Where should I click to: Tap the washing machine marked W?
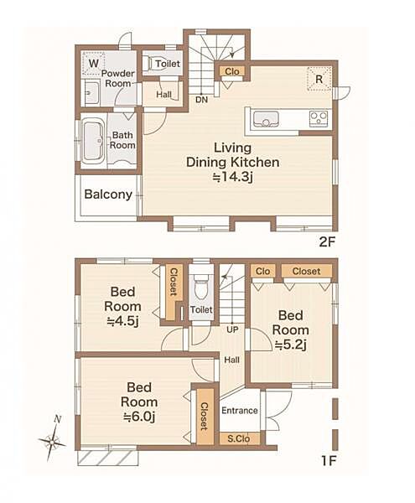93,63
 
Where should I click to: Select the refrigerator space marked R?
319,79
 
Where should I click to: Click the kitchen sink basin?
266,119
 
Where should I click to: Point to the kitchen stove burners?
319,118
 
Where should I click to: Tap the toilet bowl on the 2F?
148,64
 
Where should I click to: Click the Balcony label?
108,194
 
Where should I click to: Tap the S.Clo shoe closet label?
239,438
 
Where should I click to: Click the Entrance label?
240,411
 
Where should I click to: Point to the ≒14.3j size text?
233,176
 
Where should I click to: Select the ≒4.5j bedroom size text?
122,321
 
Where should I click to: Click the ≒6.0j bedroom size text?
139,417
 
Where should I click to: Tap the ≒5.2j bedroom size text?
291,345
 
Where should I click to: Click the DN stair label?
202,100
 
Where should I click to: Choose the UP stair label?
232,329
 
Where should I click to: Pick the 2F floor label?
328,241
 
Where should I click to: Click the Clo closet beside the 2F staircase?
232,71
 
